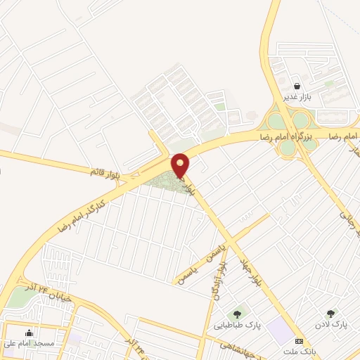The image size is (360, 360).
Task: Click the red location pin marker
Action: point(181,165)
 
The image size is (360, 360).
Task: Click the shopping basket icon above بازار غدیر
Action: point(298,86)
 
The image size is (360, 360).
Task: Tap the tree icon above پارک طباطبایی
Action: point(236,314)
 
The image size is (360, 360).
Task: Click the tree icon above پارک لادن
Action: point(331,314)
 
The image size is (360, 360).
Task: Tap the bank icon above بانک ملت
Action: point(300,341)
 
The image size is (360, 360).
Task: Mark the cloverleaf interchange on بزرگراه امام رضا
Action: point(288,134)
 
